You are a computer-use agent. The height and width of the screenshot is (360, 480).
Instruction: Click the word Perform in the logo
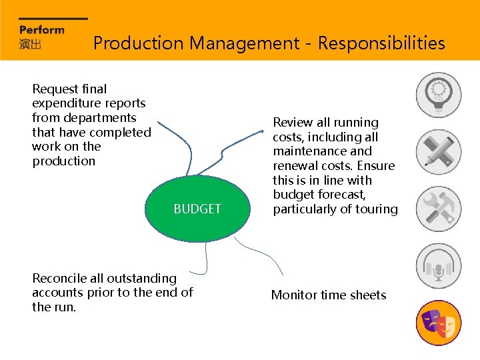42,30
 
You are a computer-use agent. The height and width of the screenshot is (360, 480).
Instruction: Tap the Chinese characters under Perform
30,44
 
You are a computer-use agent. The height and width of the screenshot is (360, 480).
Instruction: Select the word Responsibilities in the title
381,43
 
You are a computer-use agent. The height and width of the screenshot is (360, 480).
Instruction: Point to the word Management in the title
244,43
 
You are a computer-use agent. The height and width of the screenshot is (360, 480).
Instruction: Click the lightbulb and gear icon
438,95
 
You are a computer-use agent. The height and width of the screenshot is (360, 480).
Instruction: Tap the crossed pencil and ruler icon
438,151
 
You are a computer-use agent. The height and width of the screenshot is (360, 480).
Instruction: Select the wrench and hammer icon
438,209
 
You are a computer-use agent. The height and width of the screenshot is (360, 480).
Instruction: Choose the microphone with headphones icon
438,266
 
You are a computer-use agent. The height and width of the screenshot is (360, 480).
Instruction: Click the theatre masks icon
438,323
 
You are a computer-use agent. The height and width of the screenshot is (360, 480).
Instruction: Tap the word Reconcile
59,278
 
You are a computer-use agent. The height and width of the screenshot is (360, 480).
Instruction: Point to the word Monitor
293,295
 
